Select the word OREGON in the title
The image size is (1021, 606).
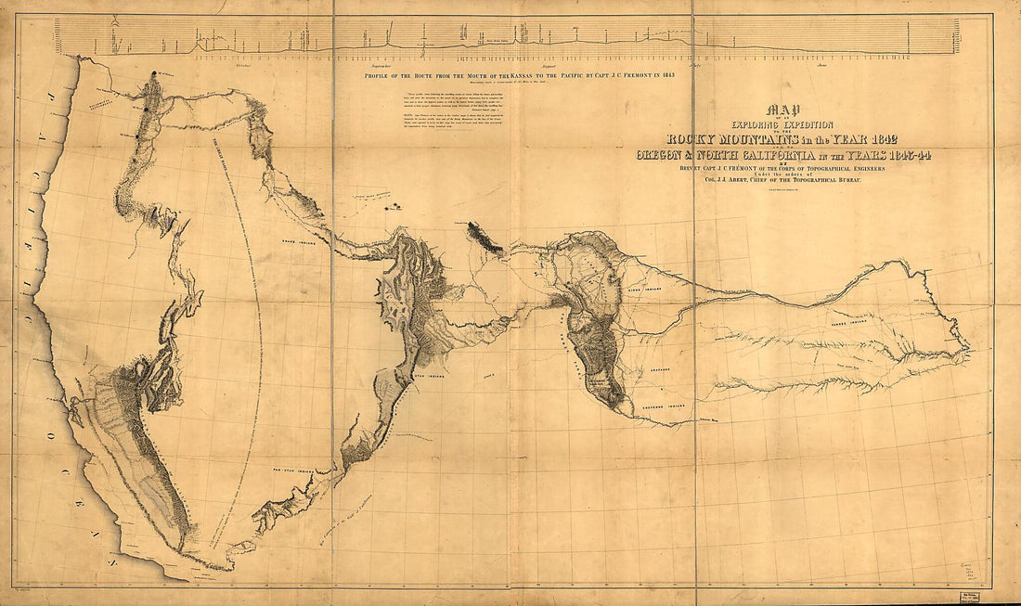click(674, 156)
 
